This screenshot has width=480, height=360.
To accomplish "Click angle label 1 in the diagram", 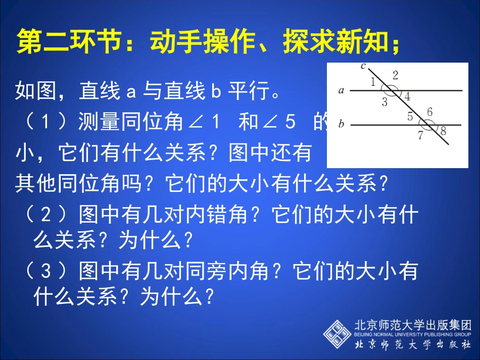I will tap(372, 82).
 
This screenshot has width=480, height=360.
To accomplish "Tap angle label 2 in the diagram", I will tap(395, 76).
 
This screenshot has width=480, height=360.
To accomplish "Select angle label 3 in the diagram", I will tap(385, 102).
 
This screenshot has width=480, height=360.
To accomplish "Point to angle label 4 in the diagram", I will tap(407, 96).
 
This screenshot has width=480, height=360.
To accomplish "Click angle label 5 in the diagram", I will tap(410, 117).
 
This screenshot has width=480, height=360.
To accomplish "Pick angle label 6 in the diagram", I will tap(429, 112).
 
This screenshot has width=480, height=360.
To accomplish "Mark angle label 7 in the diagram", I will tap(420, 135).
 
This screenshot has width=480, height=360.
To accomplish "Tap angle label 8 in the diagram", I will tap(443, 131).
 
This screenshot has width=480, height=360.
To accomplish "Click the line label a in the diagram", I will tap(341, 91).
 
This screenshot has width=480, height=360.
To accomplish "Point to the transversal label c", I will tap(363, 66).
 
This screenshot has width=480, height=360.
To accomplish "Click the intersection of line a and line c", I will tap(391, 91).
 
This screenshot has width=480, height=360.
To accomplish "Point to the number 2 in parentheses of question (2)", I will tap(46, 216).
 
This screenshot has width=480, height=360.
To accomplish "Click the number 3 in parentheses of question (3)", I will tap(46, 273).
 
